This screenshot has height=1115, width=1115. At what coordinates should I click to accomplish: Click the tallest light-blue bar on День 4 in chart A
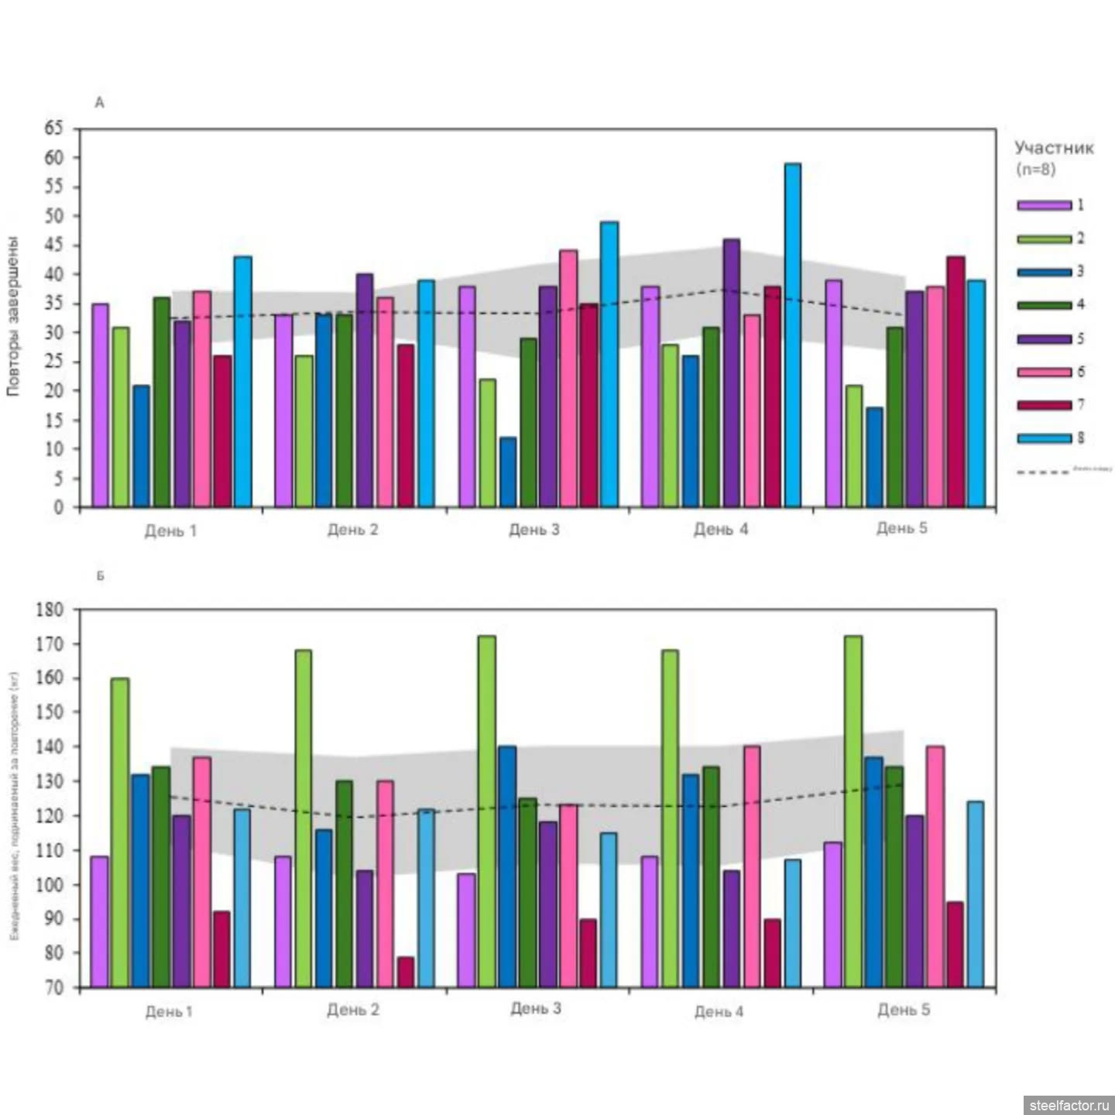[792, 335]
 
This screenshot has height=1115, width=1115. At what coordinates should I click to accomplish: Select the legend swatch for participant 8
[1044, 438]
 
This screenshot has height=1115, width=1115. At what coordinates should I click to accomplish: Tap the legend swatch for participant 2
[1044, 239]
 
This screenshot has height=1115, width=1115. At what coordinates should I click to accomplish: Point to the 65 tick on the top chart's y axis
[53, 129]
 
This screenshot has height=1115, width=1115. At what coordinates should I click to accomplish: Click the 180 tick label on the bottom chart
[50, 610]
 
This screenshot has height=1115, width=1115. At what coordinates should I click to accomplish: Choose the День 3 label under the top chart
[533, 530]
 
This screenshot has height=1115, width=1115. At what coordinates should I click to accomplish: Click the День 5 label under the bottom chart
[904, 1010]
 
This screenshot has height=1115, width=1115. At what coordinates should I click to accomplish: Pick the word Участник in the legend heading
[1054, 148]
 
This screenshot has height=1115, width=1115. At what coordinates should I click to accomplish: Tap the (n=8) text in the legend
[1035, 169]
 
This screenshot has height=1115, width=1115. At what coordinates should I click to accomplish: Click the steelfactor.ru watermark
[1069, 1105]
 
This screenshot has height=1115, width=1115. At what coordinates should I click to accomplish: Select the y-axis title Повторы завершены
[13, 317]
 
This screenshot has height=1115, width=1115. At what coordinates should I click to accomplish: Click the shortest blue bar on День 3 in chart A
[508, 472]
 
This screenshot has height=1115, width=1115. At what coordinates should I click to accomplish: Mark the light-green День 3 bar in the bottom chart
[487, 811]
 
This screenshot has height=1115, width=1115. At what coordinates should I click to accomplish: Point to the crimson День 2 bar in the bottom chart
[406, 973]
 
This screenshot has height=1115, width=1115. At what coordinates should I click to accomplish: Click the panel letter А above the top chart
[99, 103]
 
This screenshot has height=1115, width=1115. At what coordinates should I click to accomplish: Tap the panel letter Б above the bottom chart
[100, 576]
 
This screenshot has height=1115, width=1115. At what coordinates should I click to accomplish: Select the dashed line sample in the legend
[1042, 472]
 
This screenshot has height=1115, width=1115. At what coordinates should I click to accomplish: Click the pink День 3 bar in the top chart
[568, 379]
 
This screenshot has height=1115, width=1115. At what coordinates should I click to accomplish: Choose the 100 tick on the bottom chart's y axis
[50, 885]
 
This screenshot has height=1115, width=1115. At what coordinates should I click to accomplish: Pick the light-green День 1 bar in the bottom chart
[120, 833]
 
